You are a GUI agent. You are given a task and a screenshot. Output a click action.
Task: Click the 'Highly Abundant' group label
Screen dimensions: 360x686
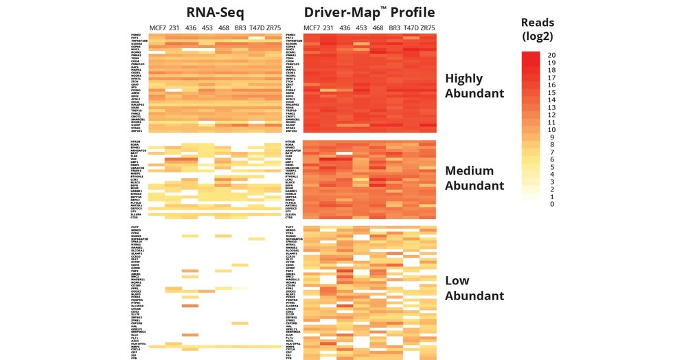click(475, 86)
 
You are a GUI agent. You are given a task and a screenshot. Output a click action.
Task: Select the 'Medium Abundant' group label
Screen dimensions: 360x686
click(475, 178)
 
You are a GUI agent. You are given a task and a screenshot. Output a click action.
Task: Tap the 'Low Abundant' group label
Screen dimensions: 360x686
click(475, 289)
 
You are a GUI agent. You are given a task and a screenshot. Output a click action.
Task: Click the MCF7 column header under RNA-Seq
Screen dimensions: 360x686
click(158, 28)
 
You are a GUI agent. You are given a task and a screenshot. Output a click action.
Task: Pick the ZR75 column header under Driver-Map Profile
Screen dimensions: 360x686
click(427, 28)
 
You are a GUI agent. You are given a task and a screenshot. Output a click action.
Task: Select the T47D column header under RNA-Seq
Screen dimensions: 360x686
click(257, 28)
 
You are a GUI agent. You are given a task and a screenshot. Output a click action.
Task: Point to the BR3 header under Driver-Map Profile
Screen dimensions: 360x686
click(394, 28)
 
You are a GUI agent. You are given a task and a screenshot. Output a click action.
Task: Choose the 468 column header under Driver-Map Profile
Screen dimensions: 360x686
click(378, 28)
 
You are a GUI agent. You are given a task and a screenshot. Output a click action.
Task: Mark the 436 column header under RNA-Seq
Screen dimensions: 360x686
click(191, 28)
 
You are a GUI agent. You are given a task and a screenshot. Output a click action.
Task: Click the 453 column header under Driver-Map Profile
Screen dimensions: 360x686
click(361, 28)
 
